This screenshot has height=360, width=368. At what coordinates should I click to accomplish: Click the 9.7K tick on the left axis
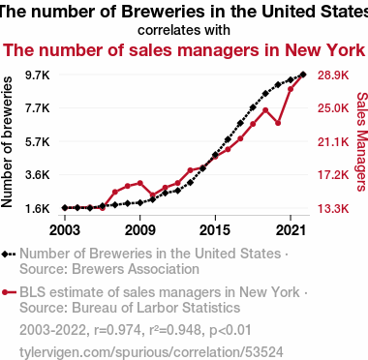pyautogui.click(x=38, y=75)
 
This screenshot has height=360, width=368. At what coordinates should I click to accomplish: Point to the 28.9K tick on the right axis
pyautogui.click(x=333, y=75)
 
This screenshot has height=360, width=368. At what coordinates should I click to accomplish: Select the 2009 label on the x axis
pyautogui.click(x=139, y=230)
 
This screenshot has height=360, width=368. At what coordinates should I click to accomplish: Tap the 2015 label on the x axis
pyautogui.click(x=215, y=230)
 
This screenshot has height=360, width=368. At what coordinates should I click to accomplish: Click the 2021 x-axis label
pyautogui.click(x=291, y=230)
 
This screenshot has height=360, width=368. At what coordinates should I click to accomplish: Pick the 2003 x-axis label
pyautogui.click(x=65, y=230)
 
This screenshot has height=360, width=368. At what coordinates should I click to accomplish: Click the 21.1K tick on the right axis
pyautogui.click(x=333, y=141)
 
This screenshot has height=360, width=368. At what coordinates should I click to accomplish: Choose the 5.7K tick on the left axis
pyautogui.click(x=38, y=141)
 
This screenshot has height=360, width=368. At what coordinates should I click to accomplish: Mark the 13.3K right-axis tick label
pyautogui.click(x=333, y=209)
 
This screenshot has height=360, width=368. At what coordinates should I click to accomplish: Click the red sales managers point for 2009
pyautogui.click(x=139, y=183)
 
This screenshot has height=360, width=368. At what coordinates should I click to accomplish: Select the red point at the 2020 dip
pyautogui.click(x=278, y=123)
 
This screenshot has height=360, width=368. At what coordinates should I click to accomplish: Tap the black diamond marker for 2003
pyautogui.click(x=65, y=208)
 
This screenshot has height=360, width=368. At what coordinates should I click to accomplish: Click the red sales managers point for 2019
pyautogui.click(x=265, y=110)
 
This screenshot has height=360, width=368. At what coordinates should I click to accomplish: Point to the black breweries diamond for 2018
pyautogui.click(x=253, y=107)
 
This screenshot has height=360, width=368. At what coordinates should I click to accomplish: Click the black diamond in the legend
pyautogui.click(x=5, y=254)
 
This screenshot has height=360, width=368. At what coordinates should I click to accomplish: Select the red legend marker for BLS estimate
pyautogui.click(x=5, y=292)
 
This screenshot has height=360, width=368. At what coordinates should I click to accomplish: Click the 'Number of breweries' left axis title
pyautogui.click(x=7, y=142)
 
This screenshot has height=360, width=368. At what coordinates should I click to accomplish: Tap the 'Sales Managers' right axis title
pyautogui.click(x=362, y=141)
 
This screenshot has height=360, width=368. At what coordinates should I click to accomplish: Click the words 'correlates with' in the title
pyautogui.click(x=184, y=30)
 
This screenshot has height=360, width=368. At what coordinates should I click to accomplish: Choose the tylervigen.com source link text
pyautogui.click(x=151, y=352)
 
